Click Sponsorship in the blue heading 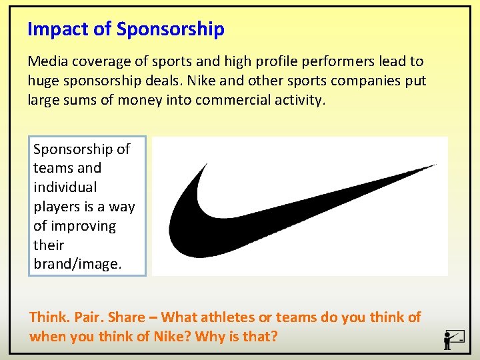[x=171, y=29]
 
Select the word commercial [x=222, y=100]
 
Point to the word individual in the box [x=65, y=187]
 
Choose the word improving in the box [x=83, y=226]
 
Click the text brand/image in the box [x=77, y=264]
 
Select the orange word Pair [x=87, y=317]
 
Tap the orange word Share [x=126, y=317]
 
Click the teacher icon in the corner [x=453, y=339]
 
